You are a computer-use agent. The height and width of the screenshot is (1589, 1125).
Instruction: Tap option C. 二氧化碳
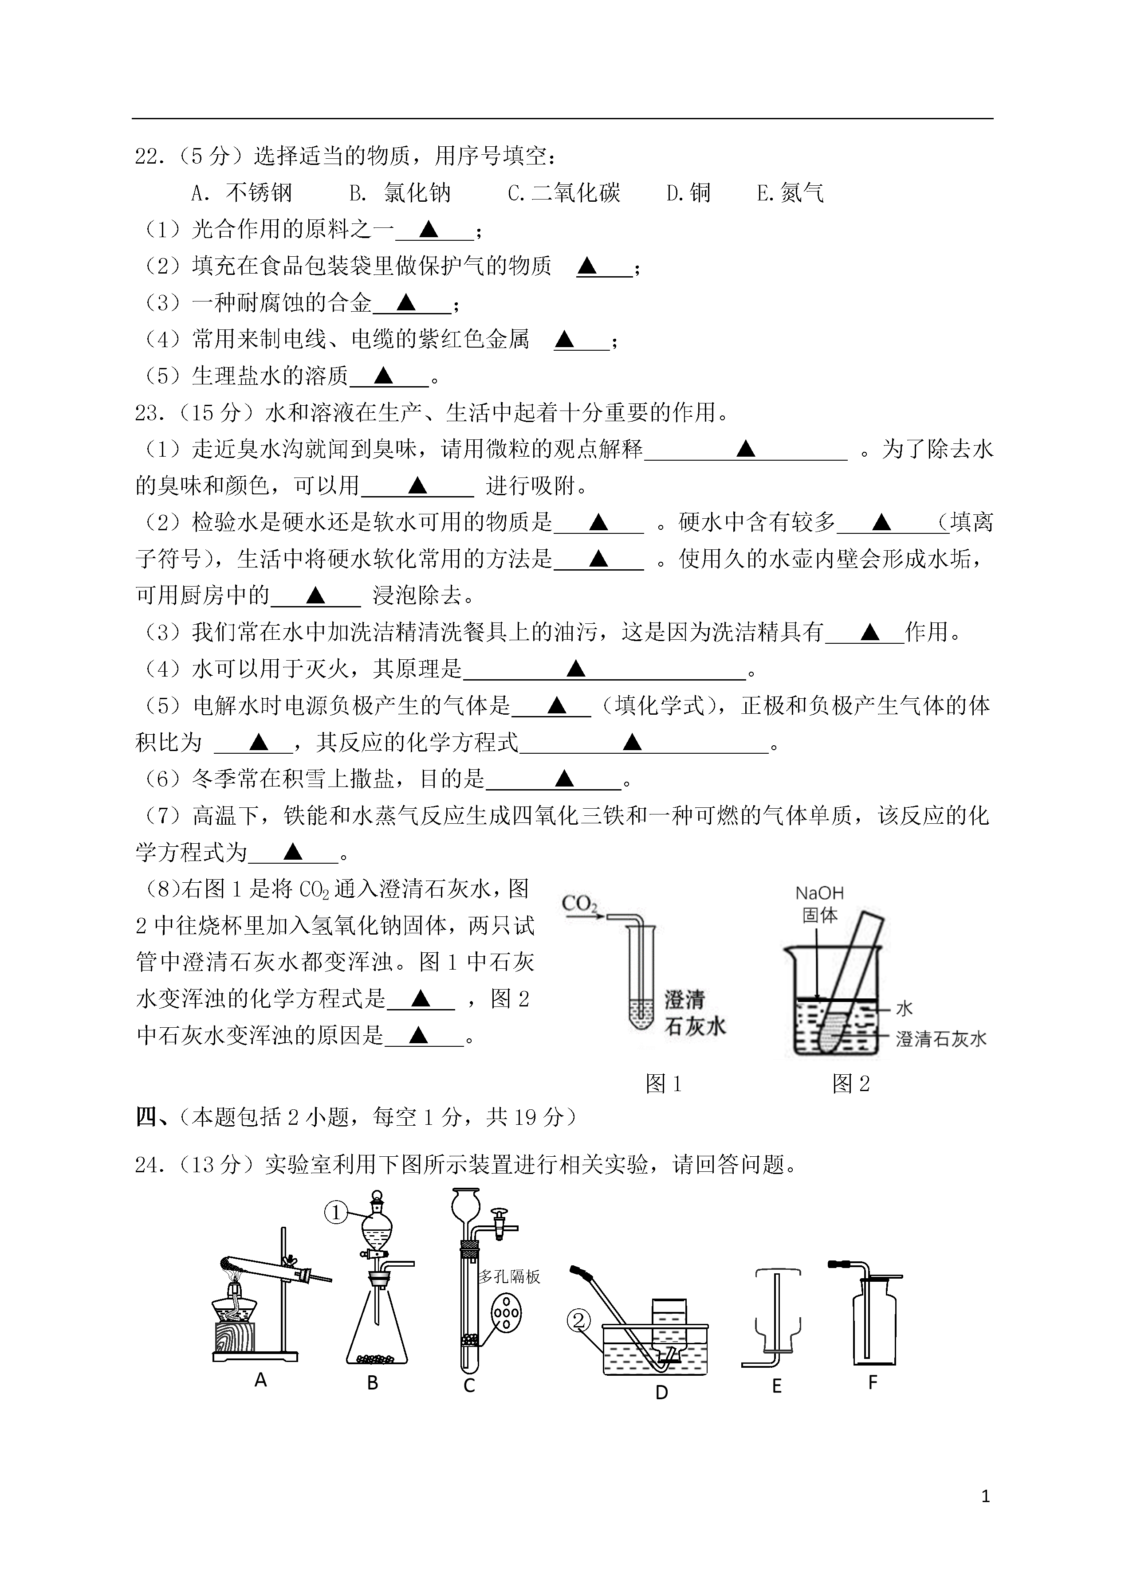(x=564, y=193)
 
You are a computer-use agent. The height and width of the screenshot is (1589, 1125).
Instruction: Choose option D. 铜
(x=688, y=193)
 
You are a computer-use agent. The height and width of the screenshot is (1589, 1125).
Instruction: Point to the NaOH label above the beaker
(x=819, y=894)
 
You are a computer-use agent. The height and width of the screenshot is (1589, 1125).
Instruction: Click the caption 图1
(x=664, y=1084)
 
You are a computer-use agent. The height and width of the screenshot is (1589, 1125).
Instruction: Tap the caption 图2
(x=851, y=1084)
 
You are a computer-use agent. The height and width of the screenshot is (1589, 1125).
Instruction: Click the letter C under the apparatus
(x=469, y=1385)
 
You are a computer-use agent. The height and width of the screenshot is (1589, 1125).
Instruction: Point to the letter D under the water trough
(x=661, y=1392)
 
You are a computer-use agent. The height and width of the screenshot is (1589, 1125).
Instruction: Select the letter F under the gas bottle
(x=873, y=1383)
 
